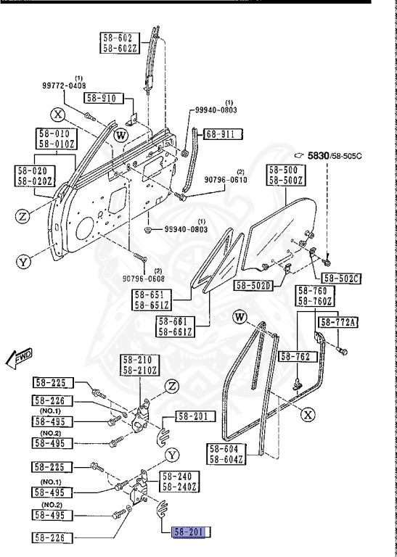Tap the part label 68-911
(x=222, y=133)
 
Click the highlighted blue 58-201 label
(x=189, y=532)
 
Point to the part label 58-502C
(x=341, y=278)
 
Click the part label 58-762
(x=296, y=356)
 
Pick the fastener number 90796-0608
(x=143, y=278)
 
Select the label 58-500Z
(x=287, y=180)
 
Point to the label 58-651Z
(x=155, y=306)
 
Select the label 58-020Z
(x=33, y=181)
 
